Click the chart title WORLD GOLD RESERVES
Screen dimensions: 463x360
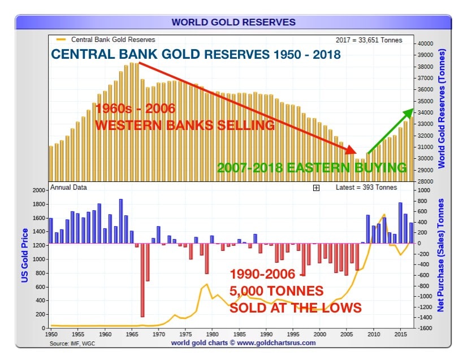[x=233, y=22]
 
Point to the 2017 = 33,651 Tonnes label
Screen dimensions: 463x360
[x=369, y=40]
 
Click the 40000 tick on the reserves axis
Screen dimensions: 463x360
[x=425, y=44]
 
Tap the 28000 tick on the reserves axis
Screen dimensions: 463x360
[x=425, y=181]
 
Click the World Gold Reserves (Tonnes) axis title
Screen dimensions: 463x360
[x=442, y=109]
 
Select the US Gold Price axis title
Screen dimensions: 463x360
[x=24, y=255]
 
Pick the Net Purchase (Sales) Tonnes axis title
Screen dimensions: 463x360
[x=440, y=255]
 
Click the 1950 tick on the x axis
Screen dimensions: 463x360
[x=51, y=335]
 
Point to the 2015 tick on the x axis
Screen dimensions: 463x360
[x=401, y=335]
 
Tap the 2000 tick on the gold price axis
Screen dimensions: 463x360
[x=38, y=190]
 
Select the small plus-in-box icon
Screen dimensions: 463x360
[x=316, y=188]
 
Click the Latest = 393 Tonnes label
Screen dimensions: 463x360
[x=366, y=188]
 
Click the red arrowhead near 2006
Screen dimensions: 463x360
[x=352, y=150]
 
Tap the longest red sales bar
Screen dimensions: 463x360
[x=142, y=280]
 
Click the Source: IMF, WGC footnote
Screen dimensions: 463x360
[x=72, y=344]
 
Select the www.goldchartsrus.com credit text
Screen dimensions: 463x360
[x=276, y=343]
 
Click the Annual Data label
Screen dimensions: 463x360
[x=68, y=188]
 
